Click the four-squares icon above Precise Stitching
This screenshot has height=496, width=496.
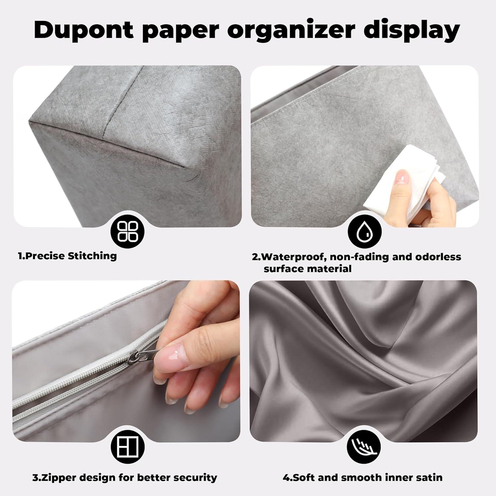click(128, 230)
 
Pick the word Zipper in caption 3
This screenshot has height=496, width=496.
click(55, 477)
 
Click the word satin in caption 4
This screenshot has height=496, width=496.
click(429, 477)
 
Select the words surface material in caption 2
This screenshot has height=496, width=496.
click(308, 269)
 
